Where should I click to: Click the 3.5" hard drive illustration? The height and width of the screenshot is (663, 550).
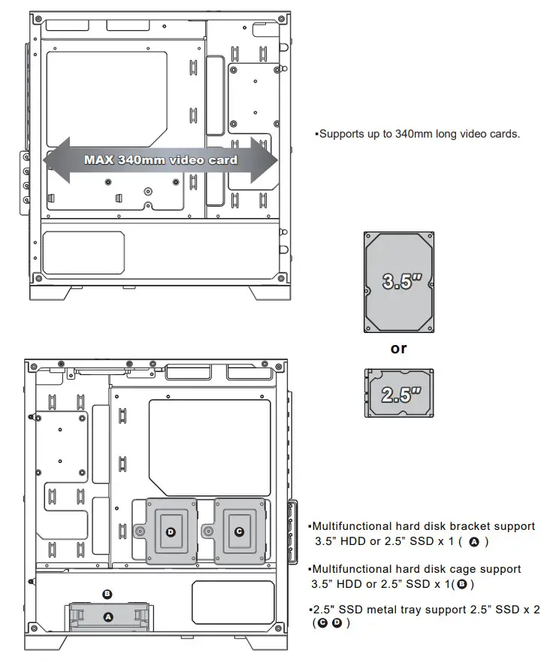click(398, 282)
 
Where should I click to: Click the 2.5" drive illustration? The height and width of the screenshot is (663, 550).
click(399, 393)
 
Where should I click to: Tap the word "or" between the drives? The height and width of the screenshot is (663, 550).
click(398, 348)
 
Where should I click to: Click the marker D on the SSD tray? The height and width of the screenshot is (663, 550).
click(171, 531)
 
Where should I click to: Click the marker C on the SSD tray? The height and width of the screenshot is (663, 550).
click(239, 531)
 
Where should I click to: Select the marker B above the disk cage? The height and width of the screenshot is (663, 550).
click(107, 594)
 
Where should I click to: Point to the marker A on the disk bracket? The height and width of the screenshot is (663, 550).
click(107, 616)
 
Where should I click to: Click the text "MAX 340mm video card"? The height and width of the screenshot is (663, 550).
click(160, 159)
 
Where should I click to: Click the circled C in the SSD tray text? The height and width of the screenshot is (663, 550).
click(323, 623)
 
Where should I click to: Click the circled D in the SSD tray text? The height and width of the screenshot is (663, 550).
click(337, 623)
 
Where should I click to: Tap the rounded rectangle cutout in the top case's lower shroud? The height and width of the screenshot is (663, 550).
click(83, 253)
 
